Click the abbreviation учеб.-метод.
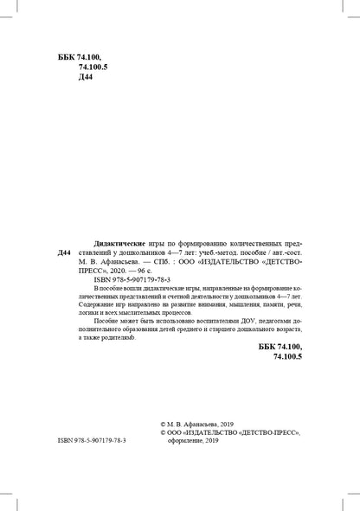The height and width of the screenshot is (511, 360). point(232,246)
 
